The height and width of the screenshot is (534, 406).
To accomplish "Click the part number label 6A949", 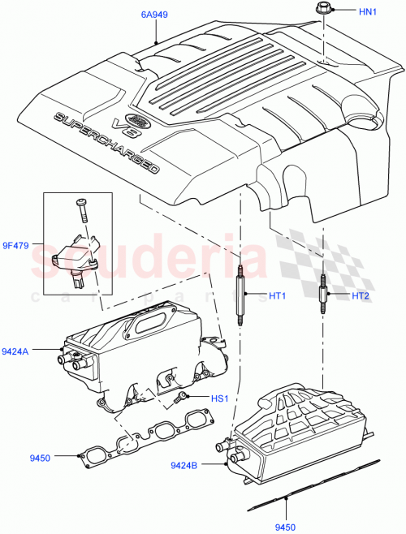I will tap(153, 15).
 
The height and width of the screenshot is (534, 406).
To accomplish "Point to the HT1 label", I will tap(279, 295).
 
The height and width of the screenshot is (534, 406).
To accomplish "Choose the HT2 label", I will tap(361, 296).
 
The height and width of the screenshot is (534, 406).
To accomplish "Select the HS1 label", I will tap(220, 398).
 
